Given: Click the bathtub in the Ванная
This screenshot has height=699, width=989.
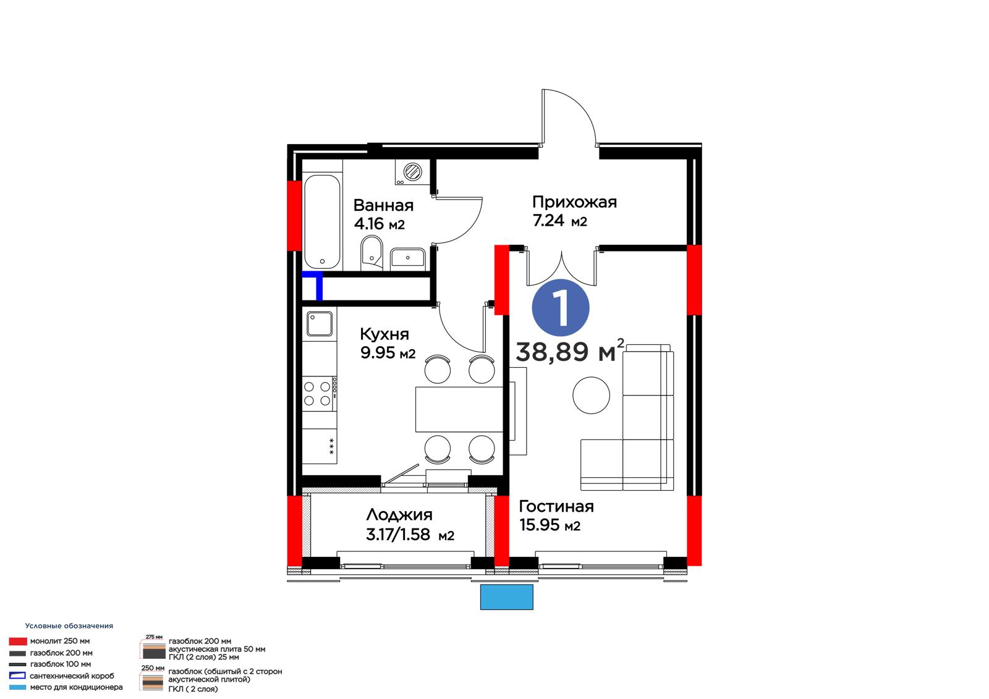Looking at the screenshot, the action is pos(322,222).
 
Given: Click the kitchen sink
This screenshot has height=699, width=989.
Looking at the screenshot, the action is pos(320,324).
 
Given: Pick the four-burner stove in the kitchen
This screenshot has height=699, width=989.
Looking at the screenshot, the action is pos(319,394).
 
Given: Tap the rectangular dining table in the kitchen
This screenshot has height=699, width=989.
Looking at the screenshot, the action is pos(459,409).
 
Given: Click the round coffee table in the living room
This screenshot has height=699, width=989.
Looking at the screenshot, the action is pos(591,395).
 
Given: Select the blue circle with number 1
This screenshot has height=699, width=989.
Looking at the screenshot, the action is pos(561,308).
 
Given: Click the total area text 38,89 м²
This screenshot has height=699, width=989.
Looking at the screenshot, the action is pos(570,351).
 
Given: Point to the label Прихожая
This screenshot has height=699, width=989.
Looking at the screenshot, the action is pos(574,202).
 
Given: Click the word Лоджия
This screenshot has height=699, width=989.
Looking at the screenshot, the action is pos(399,515).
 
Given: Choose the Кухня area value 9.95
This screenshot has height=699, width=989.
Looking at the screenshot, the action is pos(378,353).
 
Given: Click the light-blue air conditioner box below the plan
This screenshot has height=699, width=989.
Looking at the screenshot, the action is pos(507,597).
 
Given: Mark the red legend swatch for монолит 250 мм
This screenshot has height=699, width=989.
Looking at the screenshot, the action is pos(18,641).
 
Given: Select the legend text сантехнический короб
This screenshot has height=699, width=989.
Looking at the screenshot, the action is pos(72,676).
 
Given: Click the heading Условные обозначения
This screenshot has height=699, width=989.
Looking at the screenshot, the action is pos(69,625).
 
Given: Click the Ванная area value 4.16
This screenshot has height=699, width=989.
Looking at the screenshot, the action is pos(369,224).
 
